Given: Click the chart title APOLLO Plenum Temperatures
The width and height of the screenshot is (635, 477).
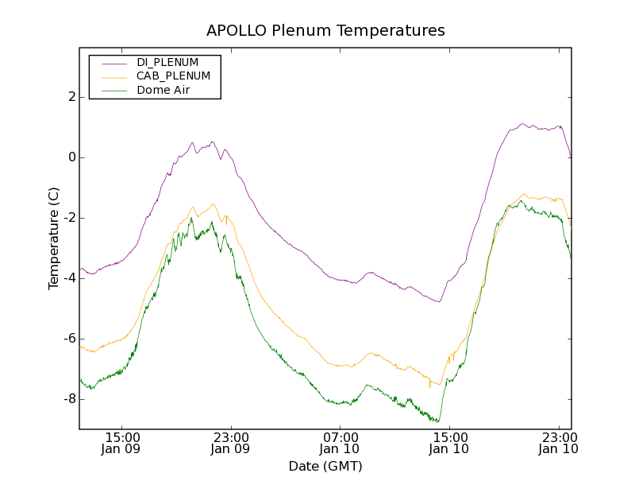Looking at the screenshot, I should pyautogui.click(x=325, y=31).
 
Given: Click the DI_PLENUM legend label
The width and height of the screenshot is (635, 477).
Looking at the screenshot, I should pyautogui.click(x=167, y=62).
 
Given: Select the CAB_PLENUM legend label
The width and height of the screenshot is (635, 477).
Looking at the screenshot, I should pyautogui.click(x=173, y=76).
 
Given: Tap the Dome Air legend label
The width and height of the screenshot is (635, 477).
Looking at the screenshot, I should pyautogui.click(x=164, y=91).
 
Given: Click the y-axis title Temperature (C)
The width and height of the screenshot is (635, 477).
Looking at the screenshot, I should pyautogui.click(x=54, y=238).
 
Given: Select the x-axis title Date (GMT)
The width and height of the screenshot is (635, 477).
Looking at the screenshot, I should pyautogui.click(x=325, y=466).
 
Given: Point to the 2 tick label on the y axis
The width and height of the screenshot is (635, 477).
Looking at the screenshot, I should pyautogui.click(x=71, y=97).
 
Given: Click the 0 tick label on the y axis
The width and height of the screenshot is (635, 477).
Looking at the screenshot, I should pyautogui.click(x=71, y=157).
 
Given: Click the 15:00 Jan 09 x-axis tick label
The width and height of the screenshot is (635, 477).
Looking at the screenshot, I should pyautogui.click(x=122, y=443).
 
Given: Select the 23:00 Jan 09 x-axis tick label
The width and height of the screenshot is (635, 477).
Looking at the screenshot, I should pyautogui.click(x=231, y=443).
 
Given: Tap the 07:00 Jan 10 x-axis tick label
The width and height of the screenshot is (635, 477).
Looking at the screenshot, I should pyautogui.click(x=341, y=443).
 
